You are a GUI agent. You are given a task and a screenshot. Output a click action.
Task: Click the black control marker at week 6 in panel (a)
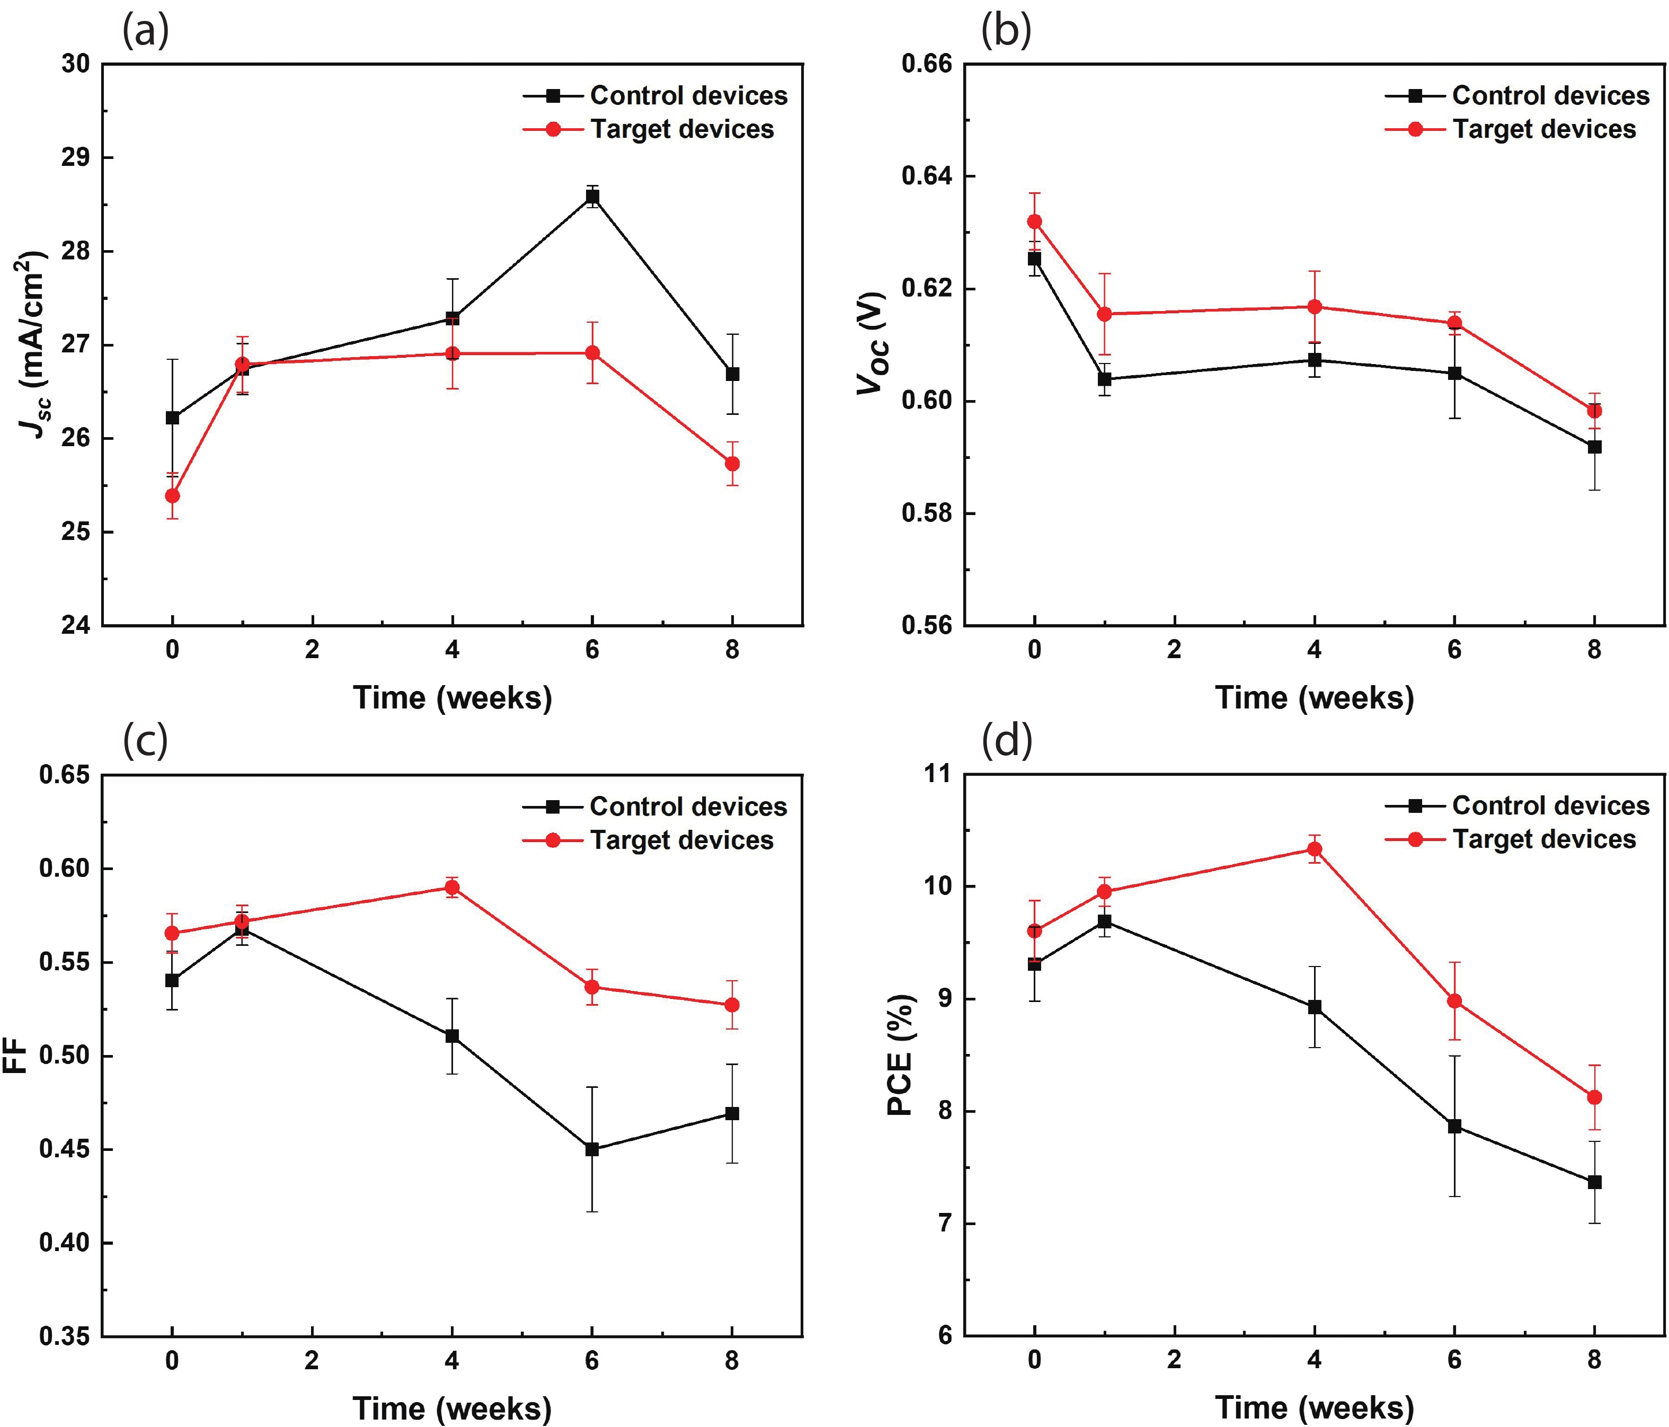[x=592, y=196]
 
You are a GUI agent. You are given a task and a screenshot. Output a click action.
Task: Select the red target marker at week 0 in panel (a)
[x=172, y=495]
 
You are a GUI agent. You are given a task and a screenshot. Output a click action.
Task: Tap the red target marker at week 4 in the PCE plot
[x=1315, y=849]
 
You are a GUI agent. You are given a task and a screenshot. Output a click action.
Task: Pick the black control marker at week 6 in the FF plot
[x=592, y=1150]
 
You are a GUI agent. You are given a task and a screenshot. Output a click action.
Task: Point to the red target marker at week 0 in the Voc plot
[x=1034, y=221]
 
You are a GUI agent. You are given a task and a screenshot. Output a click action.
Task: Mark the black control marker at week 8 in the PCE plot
[x=1594, y=1183]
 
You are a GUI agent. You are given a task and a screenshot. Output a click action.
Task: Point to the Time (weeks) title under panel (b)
[x=1314, y=698]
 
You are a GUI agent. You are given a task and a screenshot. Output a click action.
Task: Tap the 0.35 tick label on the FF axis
[x=65, y=1337]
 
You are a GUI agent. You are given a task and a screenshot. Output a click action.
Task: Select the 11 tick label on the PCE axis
[x=937, y=774]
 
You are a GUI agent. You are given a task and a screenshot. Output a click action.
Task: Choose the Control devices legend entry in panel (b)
[x=1551, y=96]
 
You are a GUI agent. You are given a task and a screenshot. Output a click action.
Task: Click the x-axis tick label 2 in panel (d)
[x=1175, y=1361]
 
